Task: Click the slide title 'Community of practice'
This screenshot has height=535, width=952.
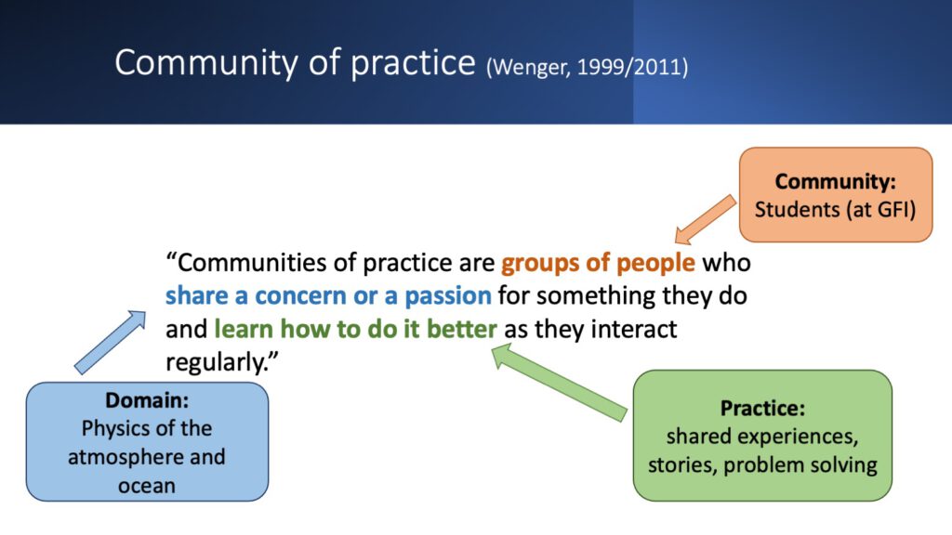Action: pyautogui.click(x=295, y=63)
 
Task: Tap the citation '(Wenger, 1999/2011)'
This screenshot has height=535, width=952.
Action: pyautogui.click(x=588, y=67)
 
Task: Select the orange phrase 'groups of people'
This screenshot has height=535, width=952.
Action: pyautogui.click(x=598, y=263)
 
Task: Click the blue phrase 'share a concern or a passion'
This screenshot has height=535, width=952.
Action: pyautogui.click(x=328, y=296)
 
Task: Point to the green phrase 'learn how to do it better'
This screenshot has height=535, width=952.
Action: pyautogui.click(x=356, y=330)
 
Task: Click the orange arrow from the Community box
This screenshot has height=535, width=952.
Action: pyautogui.click(x=706, y=219)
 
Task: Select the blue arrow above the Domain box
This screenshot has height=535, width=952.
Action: pyautogui.click(x=110, y=342)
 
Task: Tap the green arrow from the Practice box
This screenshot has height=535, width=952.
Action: pyautogui.click(x=559, y=382)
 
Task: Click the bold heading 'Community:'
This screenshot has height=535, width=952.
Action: pyautogui.click(x=836, y=181)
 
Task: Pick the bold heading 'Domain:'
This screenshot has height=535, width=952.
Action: pyautogui.click(x=147, y=400)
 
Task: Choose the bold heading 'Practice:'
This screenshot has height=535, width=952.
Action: pyautogui.click(x=762, y=409)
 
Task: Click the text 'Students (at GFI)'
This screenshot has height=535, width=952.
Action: pyautogui.click(x=836, y=210)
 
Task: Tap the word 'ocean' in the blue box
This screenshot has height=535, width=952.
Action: pyautogui.click(x=147, y=486)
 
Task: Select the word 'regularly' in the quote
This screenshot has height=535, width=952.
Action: pyautogui.click(x=216, y=363)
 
